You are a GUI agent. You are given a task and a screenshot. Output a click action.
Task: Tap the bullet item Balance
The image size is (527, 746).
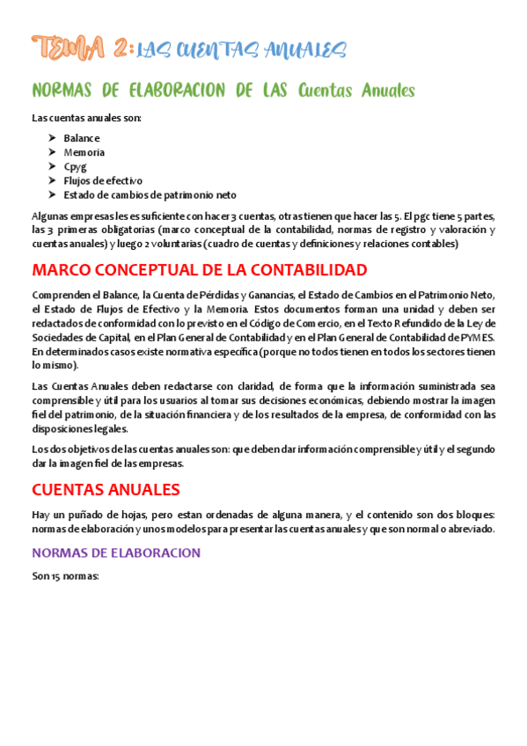[82, 138]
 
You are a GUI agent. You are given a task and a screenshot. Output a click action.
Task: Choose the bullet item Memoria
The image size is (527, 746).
[84, 152]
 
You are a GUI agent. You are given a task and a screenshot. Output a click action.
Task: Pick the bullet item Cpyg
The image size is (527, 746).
[76, 166]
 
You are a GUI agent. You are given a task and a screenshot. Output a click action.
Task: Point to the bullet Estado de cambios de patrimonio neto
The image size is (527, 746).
[150, 194]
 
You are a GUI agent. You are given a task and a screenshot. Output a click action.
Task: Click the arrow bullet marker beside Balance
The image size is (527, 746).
[52, 138]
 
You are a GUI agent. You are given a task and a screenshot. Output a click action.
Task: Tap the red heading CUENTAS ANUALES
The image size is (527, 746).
[106, 489]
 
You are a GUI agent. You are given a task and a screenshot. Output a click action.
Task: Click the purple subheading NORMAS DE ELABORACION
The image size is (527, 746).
[116, 552]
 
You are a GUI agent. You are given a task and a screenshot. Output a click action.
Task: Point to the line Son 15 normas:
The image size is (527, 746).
[64, 576]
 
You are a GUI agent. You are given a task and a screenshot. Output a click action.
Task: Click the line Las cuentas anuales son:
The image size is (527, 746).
[86, 117]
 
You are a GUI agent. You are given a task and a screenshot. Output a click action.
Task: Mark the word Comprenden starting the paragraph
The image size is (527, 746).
[60, 295]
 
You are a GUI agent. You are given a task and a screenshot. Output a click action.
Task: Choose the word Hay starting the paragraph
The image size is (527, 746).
[41, 515]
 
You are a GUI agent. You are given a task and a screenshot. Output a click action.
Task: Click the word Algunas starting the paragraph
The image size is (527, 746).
[52, 216]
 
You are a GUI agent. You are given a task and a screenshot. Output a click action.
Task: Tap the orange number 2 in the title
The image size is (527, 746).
[122, 48]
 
